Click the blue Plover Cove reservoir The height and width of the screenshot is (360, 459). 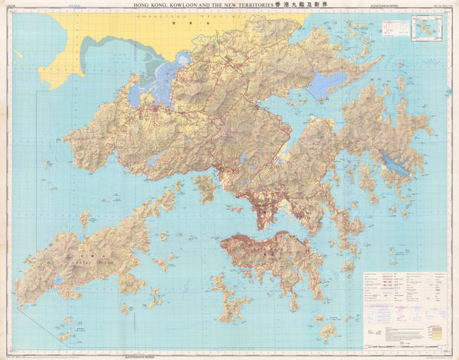click(x=327, y=86)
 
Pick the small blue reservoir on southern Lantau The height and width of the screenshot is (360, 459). click(x=58, y=280)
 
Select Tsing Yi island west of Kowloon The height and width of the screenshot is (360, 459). click(x=204, y=186)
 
